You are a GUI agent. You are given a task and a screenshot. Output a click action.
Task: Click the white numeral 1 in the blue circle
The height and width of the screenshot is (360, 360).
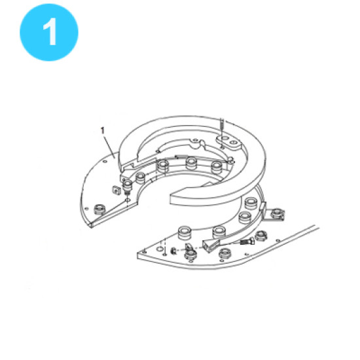pos(50,31)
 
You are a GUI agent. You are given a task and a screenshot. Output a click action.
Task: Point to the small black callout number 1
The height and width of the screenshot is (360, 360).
pos(102,131)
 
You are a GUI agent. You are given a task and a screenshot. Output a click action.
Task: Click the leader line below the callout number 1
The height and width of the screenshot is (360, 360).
pos(109,146)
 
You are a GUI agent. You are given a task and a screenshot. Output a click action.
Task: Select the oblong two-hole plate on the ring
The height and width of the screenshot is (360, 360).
pos(229,141)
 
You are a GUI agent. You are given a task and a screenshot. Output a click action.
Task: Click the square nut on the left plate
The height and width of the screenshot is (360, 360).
pos(117,190)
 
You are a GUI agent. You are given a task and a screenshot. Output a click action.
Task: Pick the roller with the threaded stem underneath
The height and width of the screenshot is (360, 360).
pos(128,187)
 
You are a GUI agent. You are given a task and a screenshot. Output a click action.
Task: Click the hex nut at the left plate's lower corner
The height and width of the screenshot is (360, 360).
pos(100,209)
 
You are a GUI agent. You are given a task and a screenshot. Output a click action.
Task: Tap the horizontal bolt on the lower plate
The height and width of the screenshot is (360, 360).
pos(247,242)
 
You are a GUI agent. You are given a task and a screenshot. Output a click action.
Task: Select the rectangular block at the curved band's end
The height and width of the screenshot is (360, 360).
pos(210,245)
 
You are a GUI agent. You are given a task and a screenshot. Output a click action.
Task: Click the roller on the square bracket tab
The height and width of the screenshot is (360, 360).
pos(277,213)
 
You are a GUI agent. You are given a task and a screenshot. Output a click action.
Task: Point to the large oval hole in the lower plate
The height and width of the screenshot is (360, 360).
pos(161,249)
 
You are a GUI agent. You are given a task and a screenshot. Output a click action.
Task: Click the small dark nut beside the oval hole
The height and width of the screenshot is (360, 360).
pos(173,251)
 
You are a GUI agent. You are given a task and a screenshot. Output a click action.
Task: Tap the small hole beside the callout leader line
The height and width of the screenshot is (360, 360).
pos(105,162)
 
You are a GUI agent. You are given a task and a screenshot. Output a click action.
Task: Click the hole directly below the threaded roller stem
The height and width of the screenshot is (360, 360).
pos(127,201)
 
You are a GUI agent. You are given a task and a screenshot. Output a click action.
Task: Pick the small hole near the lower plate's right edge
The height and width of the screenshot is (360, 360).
pos(278,241)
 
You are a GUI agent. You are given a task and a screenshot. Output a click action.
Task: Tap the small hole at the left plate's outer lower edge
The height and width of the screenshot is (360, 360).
pos(86,208)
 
